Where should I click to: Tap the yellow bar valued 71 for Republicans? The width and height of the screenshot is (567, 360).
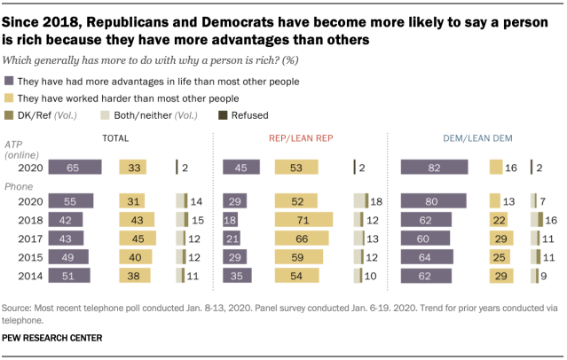pyautogui.click(x=303, y=219)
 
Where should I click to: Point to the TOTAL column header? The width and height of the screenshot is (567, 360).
pyautogui.click(x=115, y=138)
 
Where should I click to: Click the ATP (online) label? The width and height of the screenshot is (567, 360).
pyautogui.click(x=20, y=150)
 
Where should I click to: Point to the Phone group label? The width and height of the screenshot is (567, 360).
pyautogui.click(x=19, y=187)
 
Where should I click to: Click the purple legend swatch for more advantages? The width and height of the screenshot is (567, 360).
pyautogui.click(x=9, y=82)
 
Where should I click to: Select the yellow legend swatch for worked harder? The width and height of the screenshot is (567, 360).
pyautogui.click(x=9, y=98)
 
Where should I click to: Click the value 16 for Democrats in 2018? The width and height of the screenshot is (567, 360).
pyautogui.click(x=552, y=219)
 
